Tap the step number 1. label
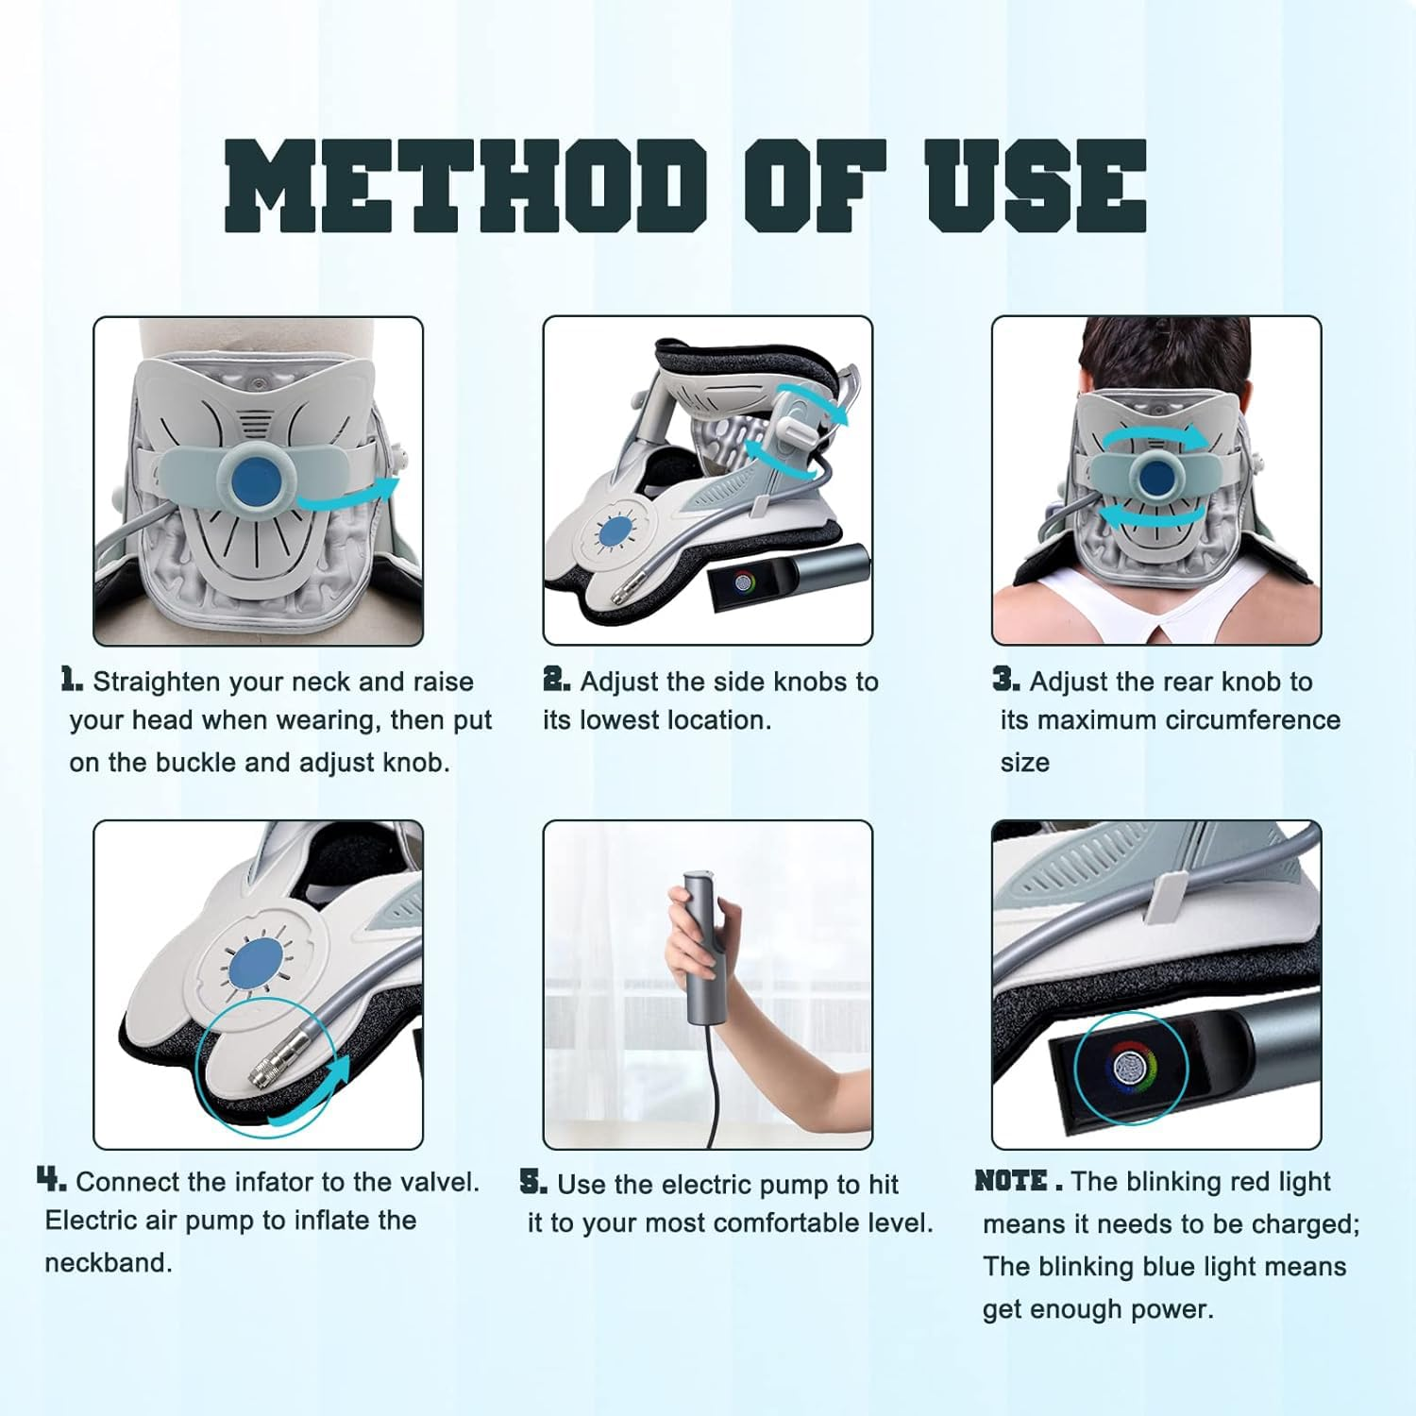(72, 680)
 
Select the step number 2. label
(556, 680)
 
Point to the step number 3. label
(1005, 680)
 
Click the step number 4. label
(51, 1180)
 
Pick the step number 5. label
(533, 1182)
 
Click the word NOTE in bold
(1011, 1181)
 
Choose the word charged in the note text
(1307, 1224)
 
